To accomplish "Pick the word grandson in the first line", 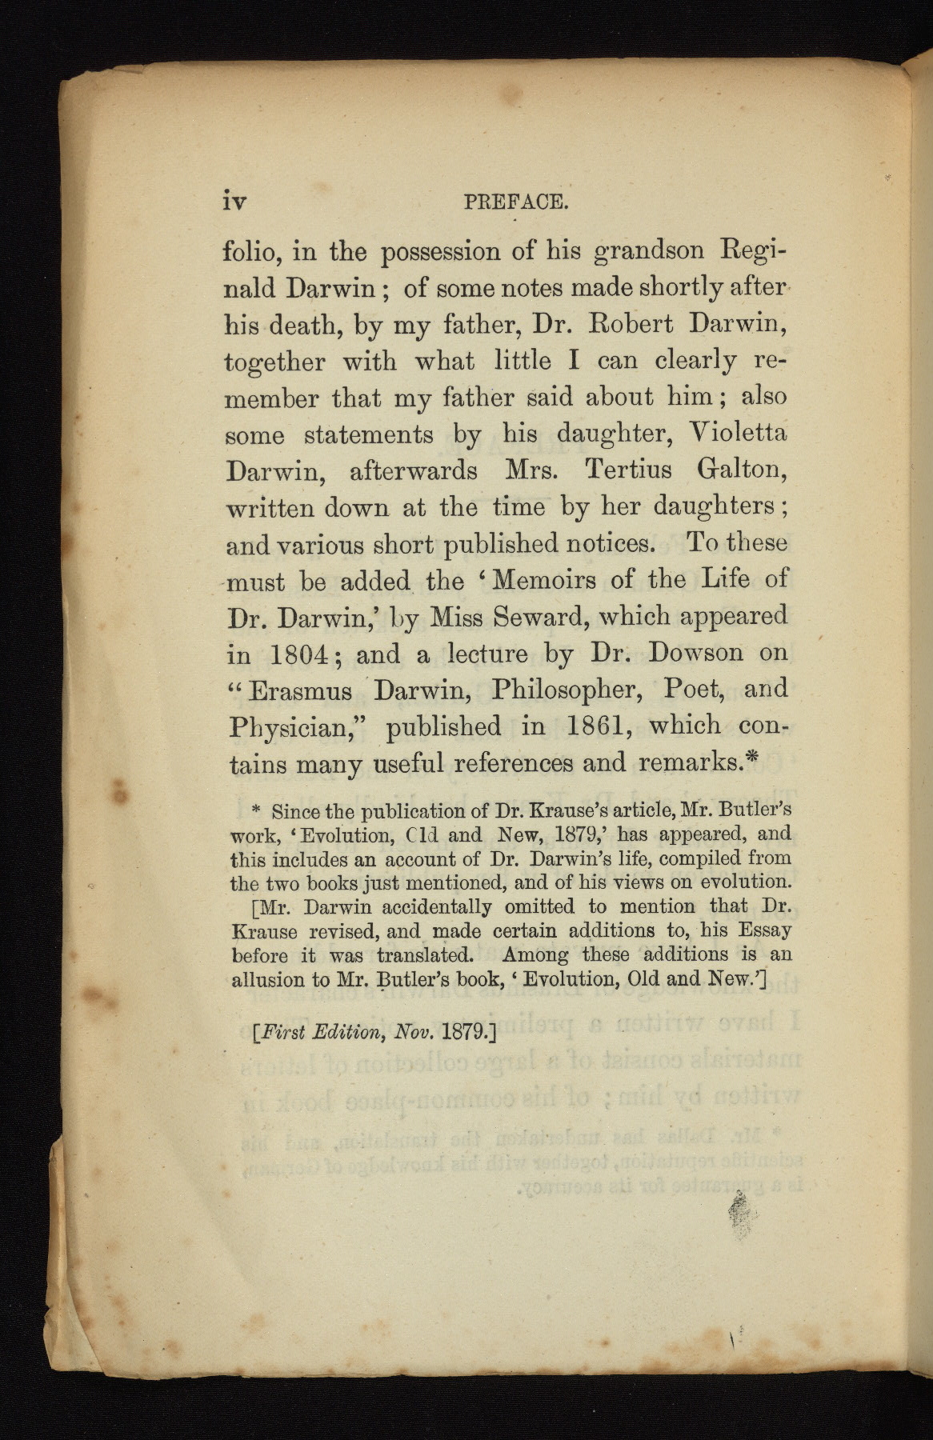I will pyautogui.click(x=650, y=252).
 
